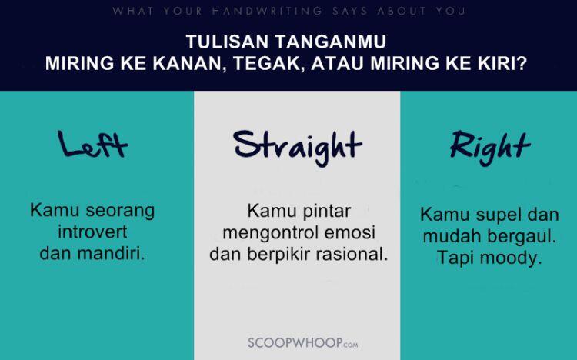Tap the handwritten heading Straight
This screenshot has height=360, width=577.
pyautogui.click(x=297, y=145)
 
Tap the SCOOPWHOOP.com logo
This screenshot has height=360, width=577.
pyautogui.click(x=302, y=342)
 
